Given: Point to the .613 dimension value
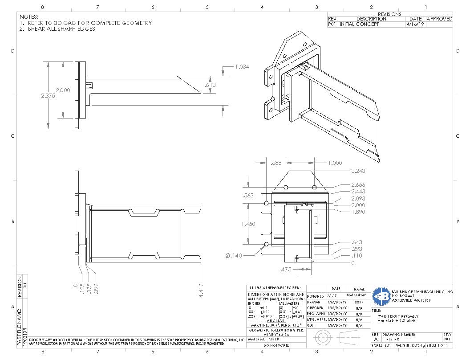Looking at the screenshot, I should point(210,85).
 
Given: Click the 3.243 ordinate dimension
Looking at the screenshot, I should point(359,171).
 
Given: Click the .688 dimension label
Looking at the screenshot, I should point(276,163).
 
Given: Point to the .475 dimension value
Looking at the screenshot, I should point(286,270).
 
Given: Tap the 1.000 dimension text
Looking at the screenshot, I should point(335,163).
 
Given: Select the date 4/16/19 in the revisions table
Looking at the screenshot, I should point(415,25).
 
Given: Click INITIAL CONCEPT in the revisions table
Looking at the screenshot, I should point(360,25).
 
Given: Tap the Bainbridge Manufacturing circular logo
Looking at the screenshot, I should point(381,296).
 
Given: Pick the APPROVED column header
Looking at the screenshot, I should point(439,19).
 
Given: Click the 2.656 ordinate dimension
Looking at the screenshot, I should point(359,184).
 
